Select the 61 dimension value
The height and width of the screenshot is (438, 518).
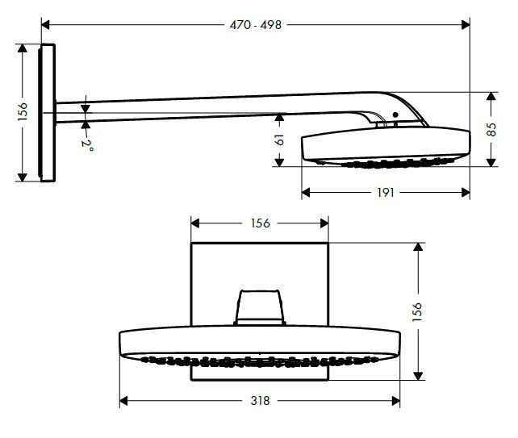click(279, 139)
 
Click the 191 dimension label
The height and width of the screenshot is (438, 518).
click(386, 194)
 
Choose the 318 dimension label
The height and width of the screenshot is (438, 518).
click(260, 401)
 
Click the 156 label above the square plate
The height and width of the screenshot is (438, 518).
click(259, 223)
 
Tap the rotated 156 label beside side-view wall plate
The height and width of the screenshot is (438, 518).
click(23, 112)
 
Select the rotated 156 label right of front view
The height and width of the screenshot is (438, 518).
click(417, 311)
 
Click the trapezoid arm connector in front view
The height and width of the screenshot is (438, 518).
click(259, 307)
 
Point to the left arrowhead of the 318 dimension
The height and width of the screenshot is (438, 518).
click(123, 401)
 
